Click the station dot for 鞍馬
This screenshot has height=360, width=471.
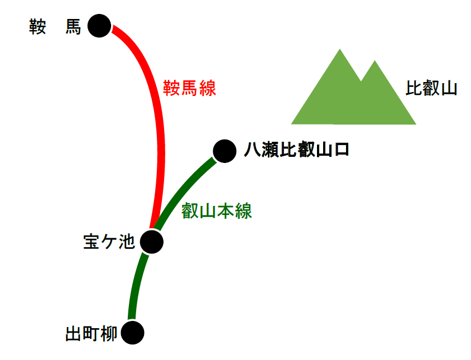tap(99, 26)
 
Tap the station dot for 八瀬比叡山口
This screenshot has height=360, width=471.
tap(225, 151)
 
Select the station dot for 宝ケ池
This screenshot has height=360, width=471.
tap(152, 242)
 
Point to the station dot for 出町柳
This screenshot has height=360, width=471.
tap(132, 333)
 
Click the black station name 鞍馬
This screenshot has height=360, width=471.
tap(55, 27)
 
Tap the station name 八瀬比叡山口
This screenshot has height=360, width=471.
tap(296, 150)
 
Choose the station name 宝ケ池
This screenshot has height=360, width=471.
tap(109, 242)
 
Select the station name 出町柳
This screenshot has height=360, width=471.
tap(92, 334)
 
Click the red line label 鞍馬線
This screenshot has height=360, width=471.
tap(190, 88)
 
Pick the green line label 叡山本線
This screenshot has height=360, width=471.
tap(217, 210)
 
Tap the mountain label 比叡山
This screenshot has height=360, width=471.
tap(431, 88)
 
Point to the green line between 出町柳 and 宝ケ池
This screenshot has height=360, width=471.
tap(137, 285)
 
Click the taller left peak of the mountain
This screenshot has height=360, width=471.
tap(340, 49)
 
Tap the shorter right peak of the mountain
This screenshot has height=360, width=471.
tap(374, 61)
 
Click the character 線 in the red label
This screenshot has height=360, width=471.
tap(208, 88)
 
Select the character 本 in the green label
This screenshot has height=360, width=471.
tap(225, 210)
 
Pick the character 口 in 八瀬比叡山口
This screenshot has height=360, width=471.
tap(342, 150)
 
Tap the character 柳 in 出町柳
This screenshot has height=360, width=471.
tap(109, 334)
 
